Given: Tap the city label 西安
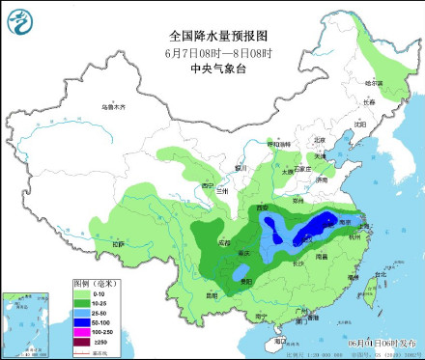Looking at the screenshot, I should pos(259,208).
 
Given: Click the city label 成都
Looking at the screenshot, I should pos(224,242).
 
